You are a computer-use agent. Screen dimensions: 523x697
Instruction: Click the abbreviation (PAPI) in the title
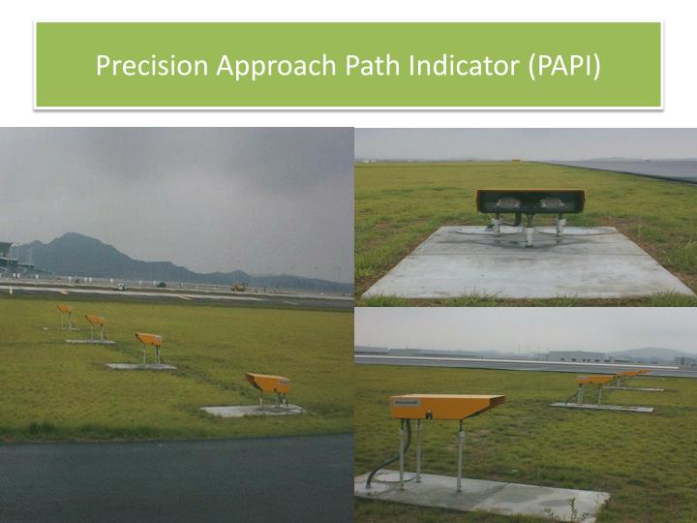(x=563, y=66)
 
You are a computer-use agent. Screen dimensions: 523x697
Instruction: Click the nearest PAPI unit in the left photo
(x=268, y=384)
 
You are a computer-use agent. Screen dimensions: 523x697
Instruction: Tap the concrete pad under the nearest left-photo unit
(x=250, y=411)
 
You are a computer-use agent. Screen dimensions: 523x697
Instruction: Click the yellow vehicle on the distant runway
(x=237, y=287)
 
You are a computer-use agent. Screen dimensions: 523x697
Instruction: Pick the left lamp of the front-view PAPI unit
(x=505, y=203)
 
